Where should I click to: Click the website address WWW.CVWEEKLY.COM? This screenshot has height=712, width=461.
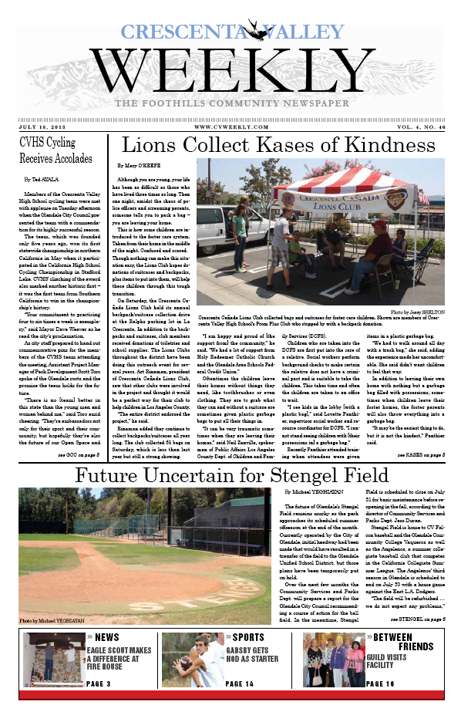point(230,127)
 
